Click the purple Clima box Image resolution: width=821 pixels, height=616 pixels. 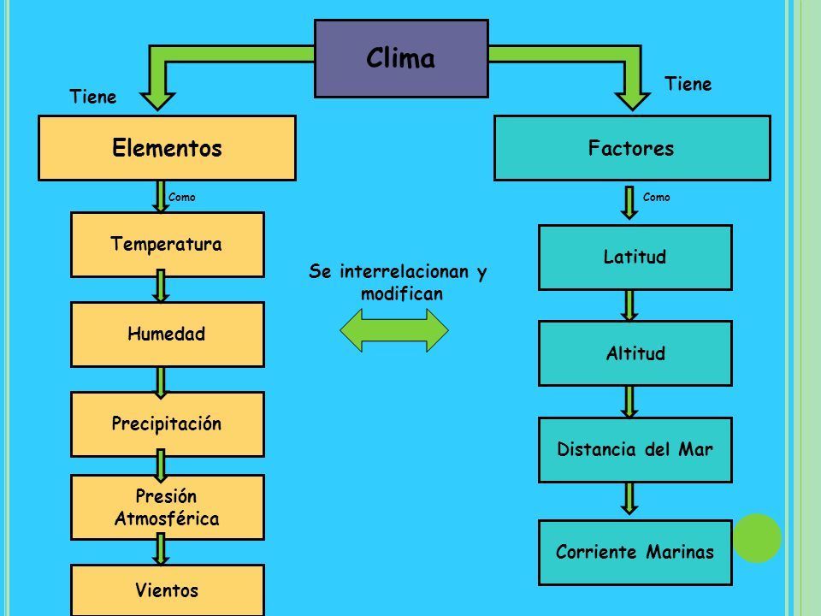401,58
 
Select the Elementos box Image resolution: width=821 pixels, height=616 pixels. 167,149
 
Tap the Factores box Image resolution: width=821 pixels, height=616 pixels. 631,149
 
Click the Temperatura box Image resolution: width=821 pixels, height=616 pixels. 167,245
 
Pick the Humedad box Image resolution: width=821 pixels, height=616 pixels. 167,335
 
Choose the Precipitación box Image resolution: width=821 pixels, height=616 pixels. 167,423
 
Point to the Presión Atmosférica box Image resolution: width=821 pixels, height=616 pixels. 167,507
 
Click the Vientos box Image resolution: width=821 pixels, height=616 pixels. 167,589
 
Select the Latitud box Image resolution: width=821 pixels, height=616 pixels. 635,257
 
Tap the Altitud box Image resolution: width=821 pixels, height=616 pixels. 635,353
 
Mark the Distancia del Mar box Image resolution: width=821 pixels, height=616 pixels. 635,450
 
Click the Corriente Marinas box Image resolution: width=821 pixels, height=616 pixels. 635,553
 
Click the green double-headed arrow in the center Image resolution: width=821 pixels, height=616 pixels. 394,329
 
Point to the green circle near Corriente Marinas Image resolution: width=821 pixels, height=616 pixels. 757,538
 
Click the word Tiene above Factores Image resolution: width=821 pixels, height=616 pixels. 688,83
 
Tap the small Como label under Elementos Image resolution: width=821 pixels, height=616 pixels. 183,197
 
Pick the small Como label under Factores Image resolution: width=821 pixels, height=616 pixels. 657,197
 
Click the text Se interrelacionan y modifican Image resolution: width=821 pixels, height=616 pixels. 398,282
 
